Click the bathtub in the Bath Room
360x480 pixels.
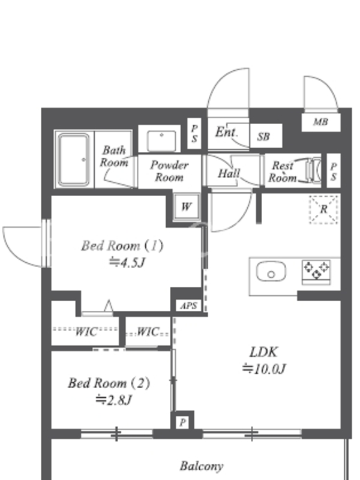(x=74, y=160)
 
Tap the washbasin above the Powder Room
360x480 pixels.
(x=161, y=140)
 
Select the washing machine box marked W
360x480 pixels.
(x=186, y=206)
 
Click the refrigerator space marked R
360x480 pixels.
(x=323, y=209)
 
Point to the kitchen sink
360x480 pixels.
(x=271, y=271)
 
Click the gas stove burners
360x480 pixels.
(x=316, y=271)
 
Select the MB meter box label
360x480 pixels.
(x=320, y=122)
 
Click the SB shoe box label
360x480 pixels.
(x=263, y=136)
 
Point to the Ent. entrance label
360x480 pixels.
(x=226, y=132)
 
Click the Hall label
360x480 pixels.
(x=229, y=173)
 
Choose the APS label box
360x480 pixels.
(x=188, y=305)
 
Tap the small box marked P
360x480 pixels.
(x=182, y=423)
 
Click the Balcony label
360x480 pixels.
(x=202, y=466)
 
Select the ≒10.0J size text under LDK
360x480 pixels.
(x=264, y=368)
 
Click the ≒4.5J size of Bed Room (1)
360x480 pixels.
(x=127, y=262)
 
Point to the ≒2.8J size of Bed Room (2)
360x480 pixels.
(x=113, y=400)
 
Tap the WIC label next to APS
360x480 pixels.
(x=148, y=332)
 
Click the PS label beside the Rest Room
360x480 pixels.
(x=334, y=171)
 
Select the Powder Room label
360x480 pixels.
(x=169, y=171)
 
